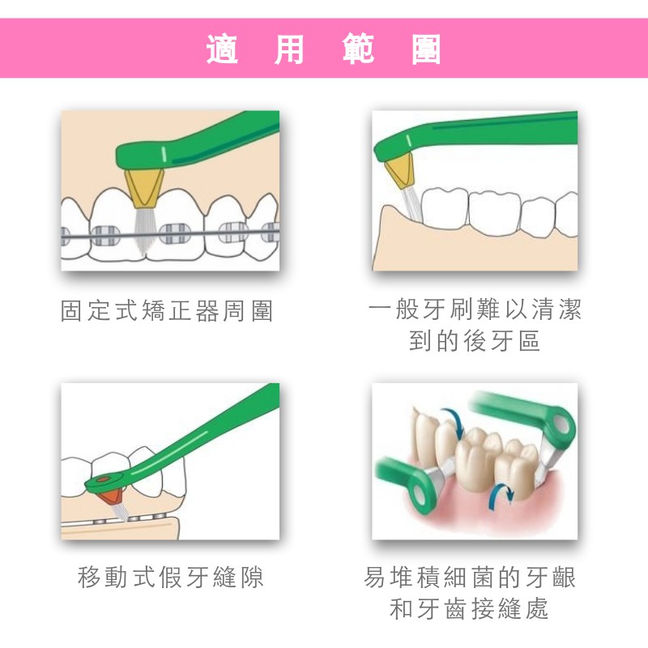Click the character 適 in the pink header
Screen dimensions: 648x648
pyautogui.click(x=222, y=49)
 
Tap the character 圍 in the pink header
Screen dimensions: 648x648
pyautogui.click(x=426, y=49)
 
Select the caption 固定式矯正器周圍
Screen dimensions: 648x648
pyautogui.click(x=167, y=311)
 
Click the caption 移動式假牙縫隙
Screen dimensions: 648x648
pyautogui.click(x=170, y=577)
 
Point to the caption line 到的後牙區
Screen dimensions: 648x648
pyautogui.click(x=475, y=340)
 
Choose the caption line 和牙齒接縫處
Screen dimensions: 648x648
pyautogui.click(x=469, y=608)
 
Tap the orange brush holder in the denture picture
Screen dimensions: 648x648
pyautogui.click(x=112, y=497)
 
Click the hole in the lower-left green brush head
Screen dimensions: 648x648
pyautogui.click(x=420, y=493)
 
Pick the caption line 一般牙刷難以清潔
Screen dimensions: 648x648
pyautogui.click(x=475, y=309)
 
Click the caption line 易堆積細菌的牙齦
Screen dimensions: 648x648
pyautogui.click(x=470, y=577)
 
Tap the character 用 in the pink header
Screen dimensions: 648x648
pyautogui.click(x=290, y=49)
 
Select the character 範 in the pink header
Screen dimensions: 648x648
pyautogui.click(x=358, y=49)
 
